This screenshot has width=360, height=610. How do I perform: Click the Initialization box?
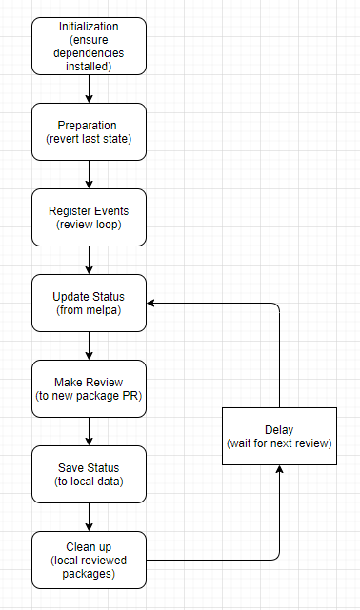coord(89,46)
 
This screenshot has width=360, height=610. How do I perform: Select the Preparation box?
coord(89,131)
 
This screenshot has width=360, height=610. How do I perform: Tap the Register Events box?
coord(89,217)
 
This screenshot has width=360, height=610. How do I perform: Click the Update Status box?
coord(89,303)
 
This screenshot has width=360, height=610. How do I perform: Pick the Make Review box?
coord(89,388)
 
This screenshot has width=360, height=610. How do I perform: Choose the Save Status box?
coord(89,474)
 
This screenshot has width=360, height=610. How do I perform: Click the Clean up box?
coord(89,560)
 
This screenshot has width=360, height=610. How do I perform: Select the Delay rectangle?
coord(279,436)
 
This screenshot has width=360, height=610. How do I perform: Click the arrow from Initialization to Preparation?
coord(89,89)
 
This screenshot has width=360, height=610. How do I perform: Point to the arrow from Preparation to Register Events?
coord(89,174)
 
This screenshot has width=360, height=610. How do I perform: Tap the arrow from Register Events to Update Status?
coord(89,260)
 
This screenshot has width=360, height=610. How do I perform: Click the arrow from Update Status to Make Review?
coord(89,345)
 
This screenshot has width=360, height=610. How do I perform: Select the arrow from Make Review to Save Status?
coord(89,431)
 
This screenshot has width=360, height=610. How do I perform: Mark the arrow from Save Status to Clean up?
coord(89,517)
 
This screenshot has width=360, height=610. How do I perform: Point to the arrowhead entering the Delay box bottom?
coord(279,470)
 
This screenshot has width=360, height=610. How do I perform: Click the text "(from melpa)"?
coord(89,310)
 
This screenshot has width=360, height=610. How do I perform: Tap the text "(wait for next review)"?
coord(279,443)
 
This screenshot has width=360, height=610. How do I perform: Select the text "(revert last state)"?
coord(89,139)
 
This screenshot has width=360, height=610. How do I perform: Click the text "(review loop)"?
coord(89,225)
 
